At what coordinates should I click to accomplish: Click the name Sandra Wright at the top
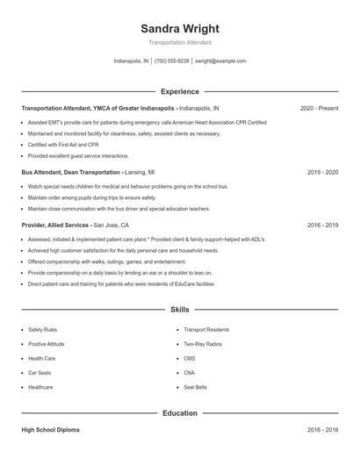click(179, 28)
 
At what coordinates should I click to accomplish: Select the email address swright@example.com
click(220, 61)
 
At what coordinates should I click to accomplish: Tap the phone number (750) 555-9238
click(172, 61)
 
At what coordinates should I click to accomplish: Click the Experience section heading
click(179, 91)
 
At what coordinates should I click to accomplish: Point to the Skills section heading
click(179, 310)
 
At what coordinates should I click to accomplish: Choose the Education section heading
click(179, 412)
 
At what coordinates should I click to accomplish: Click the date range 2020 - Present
click(319, 108)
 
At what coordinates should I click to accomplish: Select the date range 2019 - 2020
click(322, 173)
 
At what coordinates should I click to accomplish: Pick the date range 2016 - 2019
click(322, 225)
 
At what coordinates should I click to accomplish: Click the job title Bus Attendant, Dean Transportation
click(70, 173)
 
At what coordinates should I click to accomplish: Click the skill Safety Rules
click(42, 330)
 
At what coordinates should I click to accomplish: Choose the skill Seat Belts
click(195, 387)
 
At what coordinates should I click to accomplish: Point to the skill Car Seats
click(40, 373)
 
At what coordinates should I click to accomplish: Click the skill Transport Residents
click(206, 330)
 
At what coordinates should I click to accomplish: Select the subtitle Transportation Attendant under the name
click(179, 42)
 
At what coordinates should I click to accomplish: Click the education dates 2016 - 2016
click(322, 431)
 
